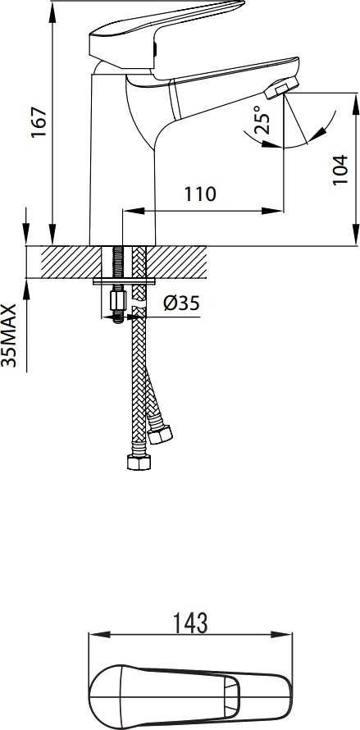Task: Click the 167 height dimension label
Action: click(x=39, y=122)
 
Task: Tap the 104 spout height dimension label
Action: click(x=340, y=170)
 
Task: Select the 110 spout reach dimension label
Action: click(x=200, y=194)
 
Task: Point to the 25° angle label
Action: click(x=262, y=120)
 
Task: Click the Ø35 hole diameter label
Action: click(x=181, y=303)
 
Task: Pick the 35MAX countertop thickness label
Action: click(x=9, y=335)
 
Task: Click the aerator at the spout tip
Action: click(x=281, y=88)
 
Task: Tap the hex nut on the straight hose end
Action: click(x=139, y=463)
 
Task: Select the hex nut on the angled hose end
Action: click(x=160, y=435)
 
